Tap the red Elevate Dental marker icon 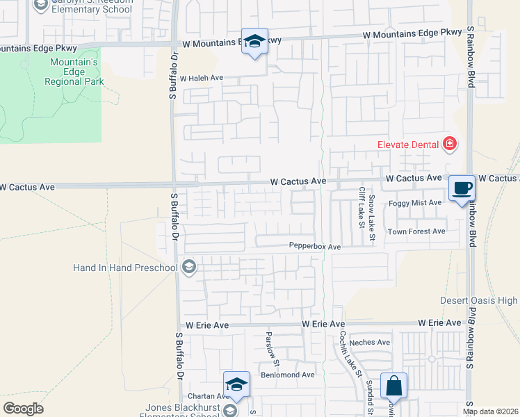[450, 145]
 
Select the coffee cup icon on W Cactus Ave [462, 188]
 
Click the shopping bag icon [393, 386]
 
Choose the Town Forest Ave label [416, 231]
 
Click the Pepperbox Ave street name [315, 247]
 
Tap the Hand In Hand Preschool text [126, 267]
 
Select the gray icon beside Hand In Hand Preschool [188, 267]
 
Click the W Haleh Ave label [201, 79]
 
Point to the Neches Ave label [371, 342]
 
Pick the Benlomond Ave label [288, 375]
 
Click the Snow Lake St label [372, 218]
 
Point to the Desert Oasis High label [479, 301]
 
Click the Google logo [23, 409]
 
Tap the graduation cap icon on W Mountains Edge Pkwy [255, 41]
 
